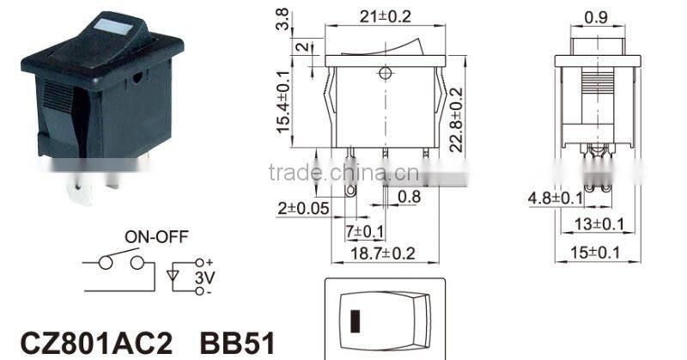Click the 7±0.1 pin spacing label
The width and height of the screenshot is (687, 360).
click(366, 231)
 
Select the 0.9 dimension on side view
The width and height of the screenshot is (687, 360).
click(597, 15)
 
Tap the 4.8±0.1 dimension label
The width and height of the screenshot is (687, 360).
click(556, 199)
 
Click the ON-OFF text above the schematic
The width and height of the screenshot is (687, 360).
click(156, 235)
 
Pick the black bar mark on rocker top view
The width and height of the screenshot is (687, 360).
click(355, 320)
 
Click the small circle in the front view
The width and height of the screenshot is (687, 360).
click(384, 75)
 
